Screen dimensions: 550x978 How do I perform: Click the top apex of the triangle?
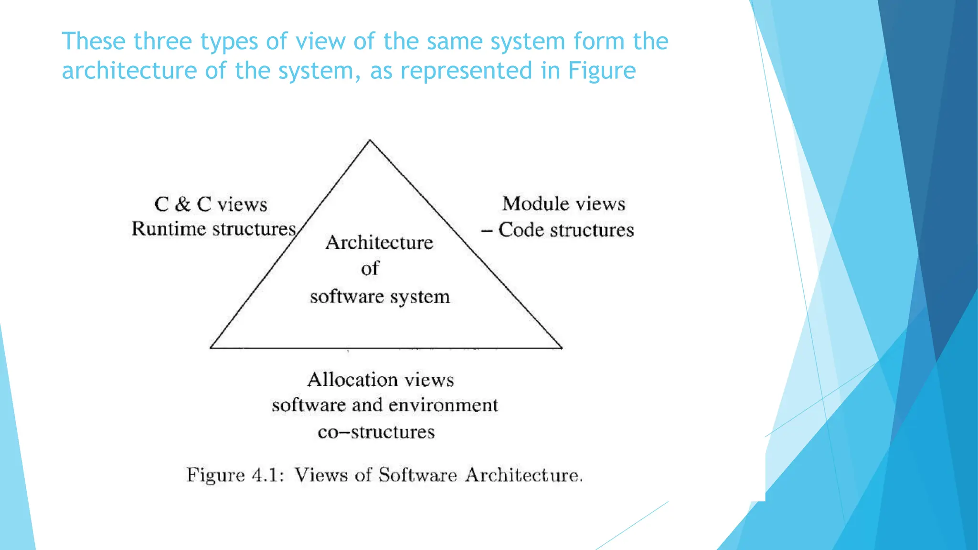(x=370, y=140)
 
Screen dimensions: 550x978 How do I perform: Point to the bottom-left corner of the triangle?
(x=211, y=348)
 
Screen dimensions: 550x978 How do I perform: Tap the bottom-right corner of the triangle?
(x=562, y=348)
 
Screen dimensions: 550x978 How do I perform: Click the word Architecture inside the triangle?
(x=379, y=243)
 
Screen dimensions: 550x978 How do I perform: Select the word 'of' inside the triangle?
(x=370, y=268)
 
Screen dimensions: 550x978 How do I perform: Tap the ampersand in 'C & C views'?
(x=182, y=204)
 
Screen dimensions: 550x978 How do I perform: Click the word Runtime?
(x=169, y=229)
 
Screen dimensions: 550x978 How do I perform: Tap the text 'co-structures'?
(x=376, y=432)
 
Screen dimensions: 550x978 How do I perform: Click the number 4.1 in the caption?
(x=268, y=475)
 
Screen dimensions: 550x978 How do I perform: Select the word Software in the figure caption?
(x=418, y=475)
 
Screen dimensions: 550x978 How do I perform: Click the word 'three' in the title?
(x=163, y=41)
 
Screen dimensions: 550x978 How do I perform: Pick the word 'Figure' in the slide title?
(x=602, y=71)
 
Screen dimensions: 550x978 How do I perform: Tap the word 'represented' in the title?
(x=466, y=71)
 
